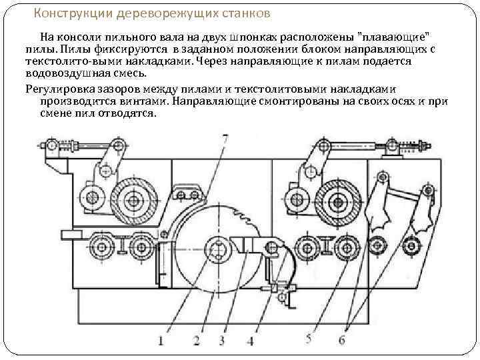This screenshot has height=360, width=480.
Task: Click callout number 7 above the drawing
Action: [x=225, y=138]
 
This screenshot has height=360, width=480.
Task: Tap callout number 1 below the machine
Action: [x=161, y=341]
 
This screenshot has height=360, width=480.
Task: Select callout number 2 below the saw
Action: [x=196, y=341]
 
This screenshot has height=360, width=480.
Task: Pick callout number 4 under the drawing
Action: [x=250, y=341]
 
